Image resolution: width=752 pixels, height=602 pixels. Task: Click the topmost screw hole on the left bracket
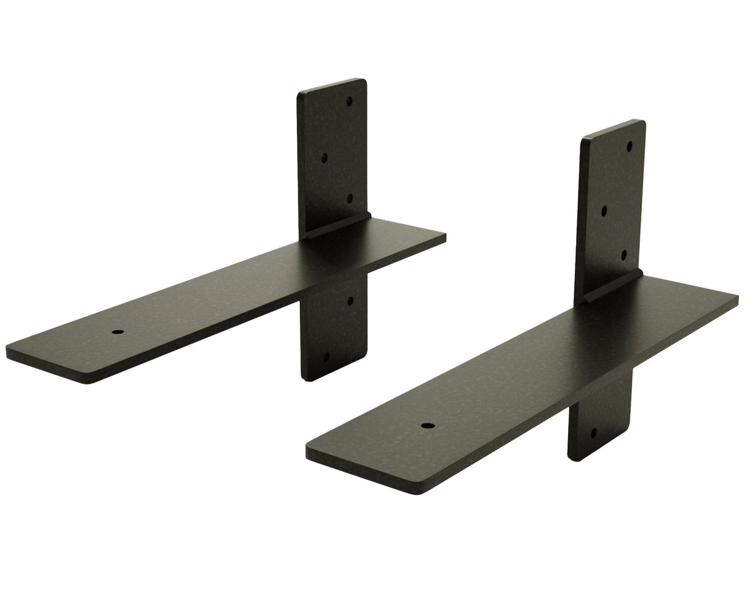click(349, 101)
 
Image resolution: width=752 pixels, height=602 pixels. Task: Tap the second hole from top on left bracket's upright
click(324, 158)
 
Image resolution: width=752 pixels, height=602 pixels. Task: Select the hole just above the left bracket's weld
click(349, 198)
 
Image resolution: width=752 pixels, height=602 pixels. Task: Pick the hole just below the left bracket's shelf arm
click(350, 301)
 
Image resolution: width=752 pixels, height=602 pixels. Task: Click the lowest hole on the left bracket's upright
click(326, 357)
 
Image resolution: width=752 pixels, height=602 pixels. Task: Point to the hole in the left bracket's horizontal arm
click(118, 332)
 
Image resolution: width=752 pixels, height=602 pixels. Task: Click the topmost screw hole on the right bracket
click(629, 147)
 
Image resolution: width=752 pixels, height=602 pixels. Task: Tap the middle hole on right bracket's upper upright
click(604, 211)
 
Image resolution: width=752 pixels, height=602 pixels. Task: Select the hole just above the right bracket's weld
click(624, 255)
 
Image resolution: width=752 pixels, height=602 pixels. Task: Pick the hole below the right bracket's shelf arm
click(593, 432)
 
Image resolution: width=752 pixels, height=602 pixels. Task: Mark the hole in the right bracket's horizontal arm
click(427, 426)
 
